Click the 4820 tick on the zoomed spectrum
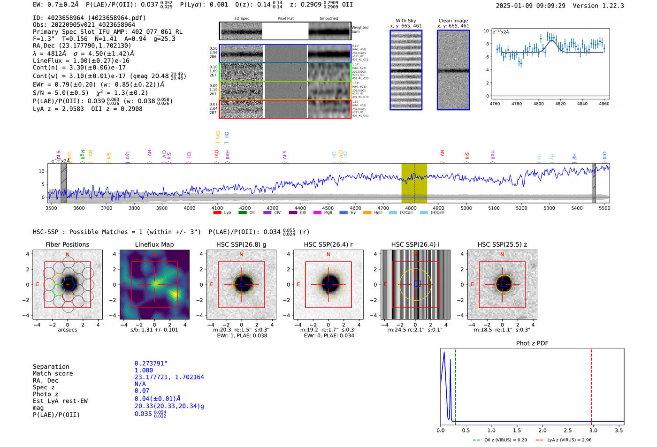560,104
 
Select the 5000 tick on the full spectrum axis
466,208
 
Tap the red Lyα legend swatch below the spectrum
217,213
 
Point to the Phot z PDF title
532,343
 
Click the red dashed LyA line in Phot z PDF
591,385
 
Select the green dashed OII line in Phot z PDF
455,385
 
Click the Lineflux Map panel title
154,244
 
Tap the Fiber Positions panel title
68,244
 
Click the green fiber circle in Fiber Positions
58,290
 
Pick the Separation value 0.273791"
151,364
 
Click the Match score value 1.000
144,370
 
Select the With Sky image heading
406,21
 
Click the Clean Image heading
453,21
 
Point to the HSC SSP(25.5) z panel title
502,244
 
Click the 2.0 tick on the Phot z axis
542,430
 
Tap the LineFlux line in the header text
81,61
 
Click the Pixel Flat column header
285,19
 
